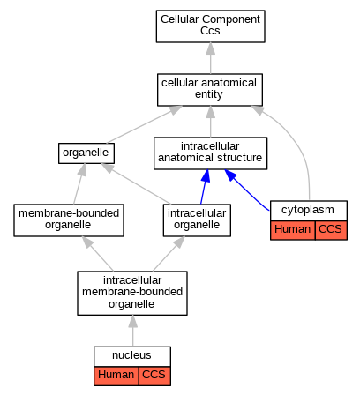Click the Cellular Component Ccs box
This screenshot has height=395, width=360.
210,26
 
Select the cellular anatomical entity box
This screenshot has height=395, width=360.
210,90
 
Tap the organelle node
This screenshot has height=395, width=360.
86,153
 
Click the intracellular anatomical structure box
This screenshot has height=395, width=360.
210,153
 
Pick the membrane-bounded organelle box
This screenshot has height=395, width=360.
69,220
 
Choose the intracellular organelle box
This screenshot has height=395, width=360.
197,220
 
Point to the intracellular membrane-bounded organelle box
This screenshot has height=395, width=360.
132,293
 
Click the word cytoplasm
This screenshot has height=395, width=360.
308,210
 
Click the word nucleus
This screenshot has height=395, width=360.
131,355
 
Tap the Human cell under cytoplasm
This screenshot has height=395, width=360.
293,230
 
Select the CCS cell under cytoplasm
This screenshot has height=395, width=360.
331,230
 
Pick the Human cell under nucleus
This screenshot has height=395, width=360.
116,376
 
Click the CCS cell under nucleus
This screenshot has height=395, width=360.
154,376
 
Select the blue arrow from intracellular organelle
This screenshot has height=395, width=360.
205,187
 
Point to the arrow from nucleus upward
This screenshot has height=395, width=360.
133,331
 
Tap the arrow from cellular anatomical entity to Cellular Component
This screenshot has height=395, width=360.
210,58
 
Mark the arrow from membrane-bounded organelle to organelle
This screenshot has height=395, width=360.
79,183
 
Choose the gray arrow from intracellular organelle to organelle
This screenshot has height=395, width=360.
136,183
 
